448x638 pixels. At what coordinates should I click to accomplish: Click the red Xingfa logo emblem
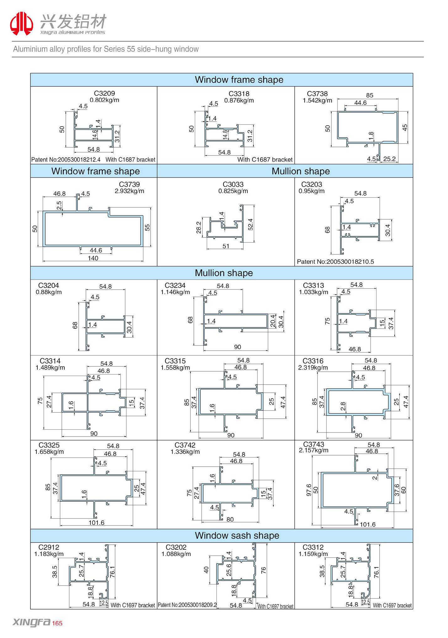click(21, 24)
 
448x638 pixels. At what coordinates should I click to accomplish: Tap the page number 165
click(57, 623)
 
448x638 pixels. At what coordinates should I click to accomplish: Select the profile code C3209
click(104, 93)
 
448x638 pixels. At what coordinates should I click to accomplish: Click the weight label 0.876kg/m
click(239, 101)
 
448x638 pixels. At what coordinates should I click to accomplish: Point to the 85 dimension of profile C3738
click(370, 95)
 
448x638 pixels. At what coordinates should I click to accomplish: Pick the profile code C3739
click(129, 185)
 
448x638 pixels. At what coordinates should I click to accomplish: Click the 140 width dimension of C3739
click(93, 258)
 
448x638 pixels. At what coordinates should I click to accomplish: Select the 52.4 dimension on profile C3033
click(250, 225)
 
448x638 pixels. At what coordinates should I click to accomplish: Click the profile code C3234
click(175, 285)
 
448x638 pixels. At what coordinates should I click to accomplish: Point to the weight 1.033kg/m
click(313, 292)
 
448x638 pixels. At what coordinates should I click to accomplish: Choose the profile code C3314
click(50, 361)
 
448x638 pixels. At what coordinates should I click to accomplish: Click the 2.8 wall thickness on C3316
click(343, 406)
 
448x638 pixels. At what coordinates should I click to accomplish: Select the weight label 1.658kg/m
click(49, 452)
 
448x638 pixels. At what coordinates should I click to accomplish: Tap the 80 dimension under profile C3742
click(230, 520)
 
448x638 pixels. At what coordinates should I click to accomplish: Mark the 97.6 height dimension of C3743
click(309, 490)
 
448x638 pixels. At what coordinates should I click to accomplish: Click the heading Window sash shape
click(237, 536)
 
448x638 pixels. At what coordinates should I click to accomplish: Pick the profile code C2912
click(49, 547)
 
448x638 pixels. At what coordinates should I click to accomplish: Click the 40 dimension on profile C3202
click(206, 570)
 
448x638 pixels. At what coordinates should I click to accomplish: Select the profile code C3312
click(313, 547)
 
